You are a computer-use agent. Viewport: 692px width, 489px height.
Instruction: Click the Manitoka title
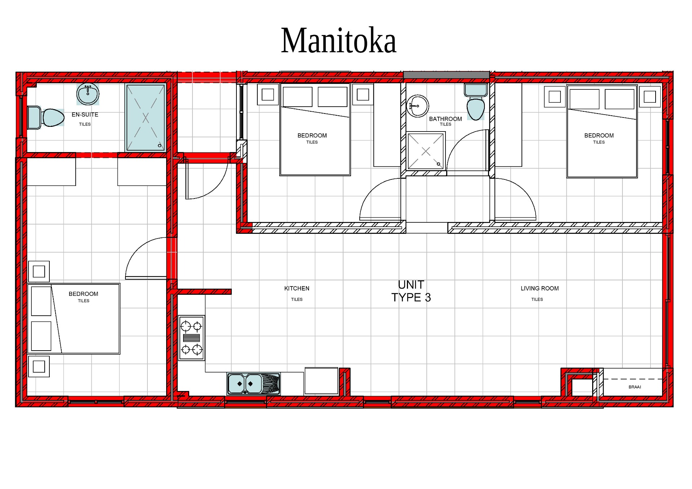(338, 40)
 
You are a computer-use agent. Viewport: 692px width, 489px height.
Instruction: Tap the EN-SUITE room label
(85, 115)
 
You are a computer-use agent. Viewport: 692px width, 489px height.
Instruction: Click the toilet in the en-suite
(46, 117)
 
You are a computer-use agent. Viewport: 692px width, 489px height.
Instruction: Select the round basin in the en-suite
(88, 94)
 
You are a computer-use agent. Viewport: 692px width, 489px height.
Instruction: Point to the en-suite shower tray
(145, 117)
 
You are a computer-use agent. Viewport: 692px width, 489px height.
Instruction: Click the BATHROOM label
(445, 119)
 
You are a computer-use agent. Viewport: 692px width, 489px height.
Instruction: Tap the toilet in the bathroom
(476, 102)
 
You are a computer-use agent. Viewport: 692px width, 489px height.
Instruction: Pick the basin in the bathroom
(418, 106)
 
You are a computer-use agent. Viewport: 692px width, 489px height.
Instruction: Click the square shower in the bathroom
(426, 151)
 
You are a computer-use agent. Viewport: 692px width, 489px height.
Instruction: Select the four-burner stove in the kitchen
(192, 338)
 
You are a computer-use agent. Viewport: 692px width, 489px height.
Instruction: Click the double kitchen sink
(254, 384)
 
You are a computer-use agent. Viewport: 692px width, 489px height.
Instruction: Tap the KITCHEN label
(297, 288)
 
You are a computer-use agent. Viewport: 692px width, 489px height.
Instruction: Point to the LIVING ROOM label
(540, 288)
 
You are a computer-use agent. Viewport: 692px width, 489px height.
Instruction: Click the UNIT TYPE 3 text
(411, 291)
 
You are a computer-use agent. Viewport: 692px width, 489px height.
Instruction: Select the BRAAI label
(635, 387)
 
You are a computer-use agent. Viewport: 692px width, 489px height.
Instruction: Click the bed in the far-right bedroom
(602, 132)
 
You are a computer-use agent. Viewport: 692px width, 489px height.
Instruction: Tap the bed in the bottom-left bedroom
(74, 319)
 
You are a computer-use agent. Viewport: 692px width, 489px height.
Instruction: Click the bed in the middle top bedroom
(315, 130)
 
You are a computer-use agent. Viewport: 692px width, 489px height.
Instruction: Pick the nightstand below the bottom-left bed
(39, 366)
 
